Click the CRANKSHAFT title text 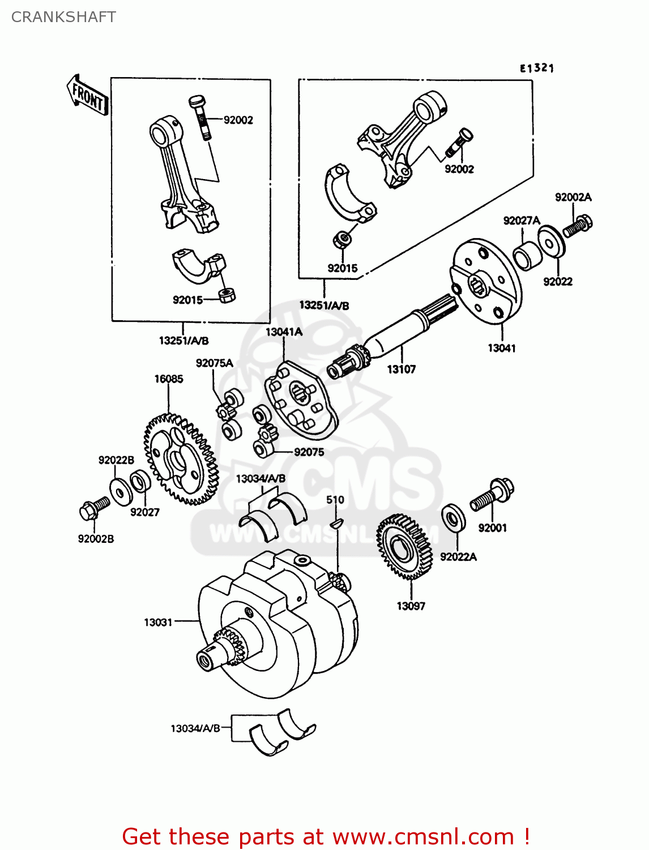tap(63, 17)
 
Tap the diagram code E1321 tap(536, 68)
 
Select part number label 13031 tap(157, 622)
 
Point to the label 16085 tap(169, 379)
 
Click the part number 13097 tap(411, 606)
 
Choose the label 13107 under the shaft tap(401, 369)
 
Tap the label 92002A tap(573, 197)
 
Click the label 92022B tap(116, 460)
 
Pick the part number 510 tap(335, 500)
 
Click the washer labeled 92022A tap(453, 517)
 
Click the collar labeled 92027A tap(527, 256)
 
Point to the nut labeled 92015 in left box tap(227, 295)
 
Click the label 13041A tap(284, 332)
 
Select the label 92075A tap(214, 363)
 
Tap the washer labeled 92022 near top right tap(550, 241)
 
